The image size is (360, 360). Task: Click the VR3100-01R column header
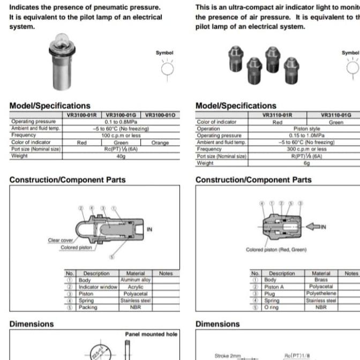82,115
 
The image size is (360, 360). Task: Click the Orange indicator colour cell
160,142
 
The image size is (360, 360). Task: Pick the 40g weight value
121,156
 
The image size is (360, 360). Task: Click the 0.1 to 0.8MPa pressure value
121,122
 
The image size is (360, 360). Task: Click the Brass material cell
321,280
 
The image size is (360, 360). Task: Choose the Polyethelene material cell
321,294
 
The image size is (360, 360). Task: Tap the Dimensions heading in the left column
32,324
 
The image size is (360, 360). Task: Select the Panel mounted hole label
151,334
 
